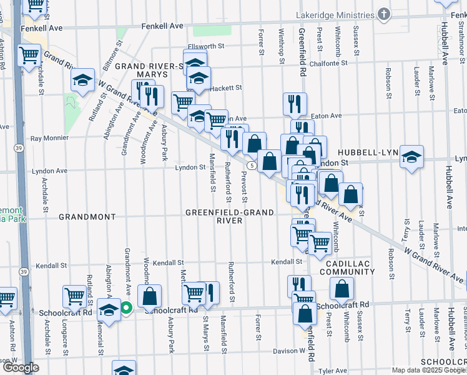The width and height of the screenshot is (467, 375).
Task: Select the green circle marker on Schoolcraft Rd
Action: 125,307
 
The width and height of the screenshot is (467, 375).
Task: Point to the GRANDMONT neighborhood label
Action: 87,217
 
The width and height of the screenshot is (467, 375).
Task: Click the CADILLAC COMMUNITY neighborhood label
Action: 348,267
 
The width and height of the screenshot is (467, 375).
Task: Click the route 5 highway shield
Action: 250,166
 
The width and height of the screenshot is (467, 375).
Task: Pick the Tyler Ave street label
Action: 333,370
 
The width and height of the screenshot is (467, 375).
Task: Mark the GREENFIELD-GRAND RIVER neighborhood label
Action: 229,216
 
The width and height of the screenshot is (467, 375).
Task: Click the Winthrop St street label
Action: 282,45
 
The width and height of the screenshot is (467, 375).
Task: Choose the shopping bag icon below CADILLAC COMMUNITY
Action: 342,289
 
